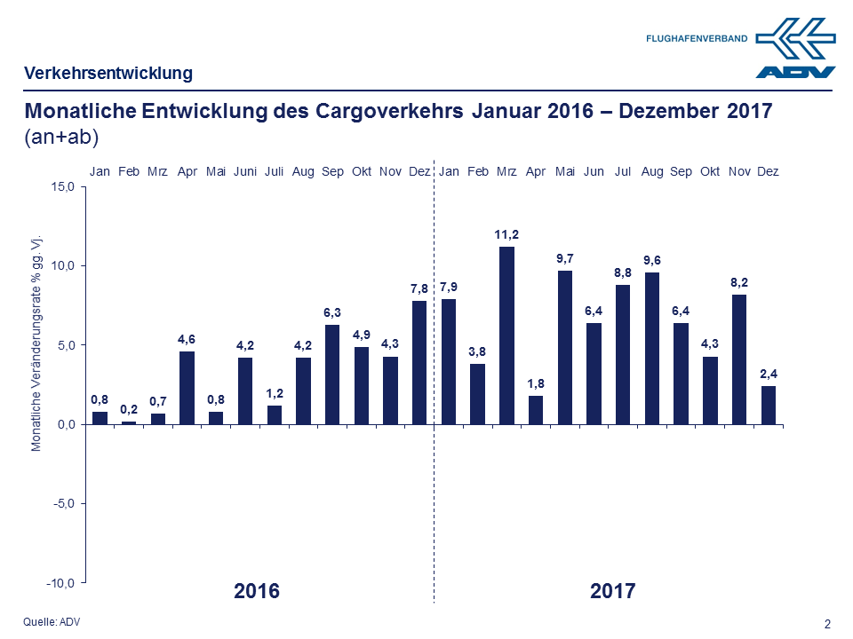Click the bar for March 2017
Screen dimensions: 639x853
pos(506,335)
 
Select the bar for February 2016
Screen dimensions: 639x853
pos(129,422)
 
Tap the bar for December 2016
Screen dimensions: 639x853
pos(419,362)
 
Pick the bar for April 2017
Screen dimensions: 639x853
pos(536,410)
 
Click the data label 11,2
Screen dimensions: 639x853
pos(506,234)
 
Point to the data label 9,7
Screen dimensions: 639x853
pos(565,258)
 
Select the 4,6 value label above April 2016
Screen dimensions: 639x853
pos(187,339)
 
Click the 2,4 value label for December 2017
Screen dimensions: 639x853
pos(769,374)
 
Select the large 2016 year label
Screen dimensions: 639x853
pos(257,591)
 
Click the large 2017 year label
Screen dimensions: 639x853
pos(613,591)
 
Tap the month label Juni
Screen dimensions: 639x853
pos(245,171)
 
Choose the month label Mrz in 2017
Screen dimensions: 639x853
pos(507,171)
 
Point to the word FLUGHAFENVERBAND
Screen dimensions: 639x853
pos(697,39)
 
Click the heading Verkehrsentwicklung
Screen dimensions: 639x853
pos(108,73)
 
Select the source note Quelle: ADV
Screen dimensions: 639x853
pos(51,621)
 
